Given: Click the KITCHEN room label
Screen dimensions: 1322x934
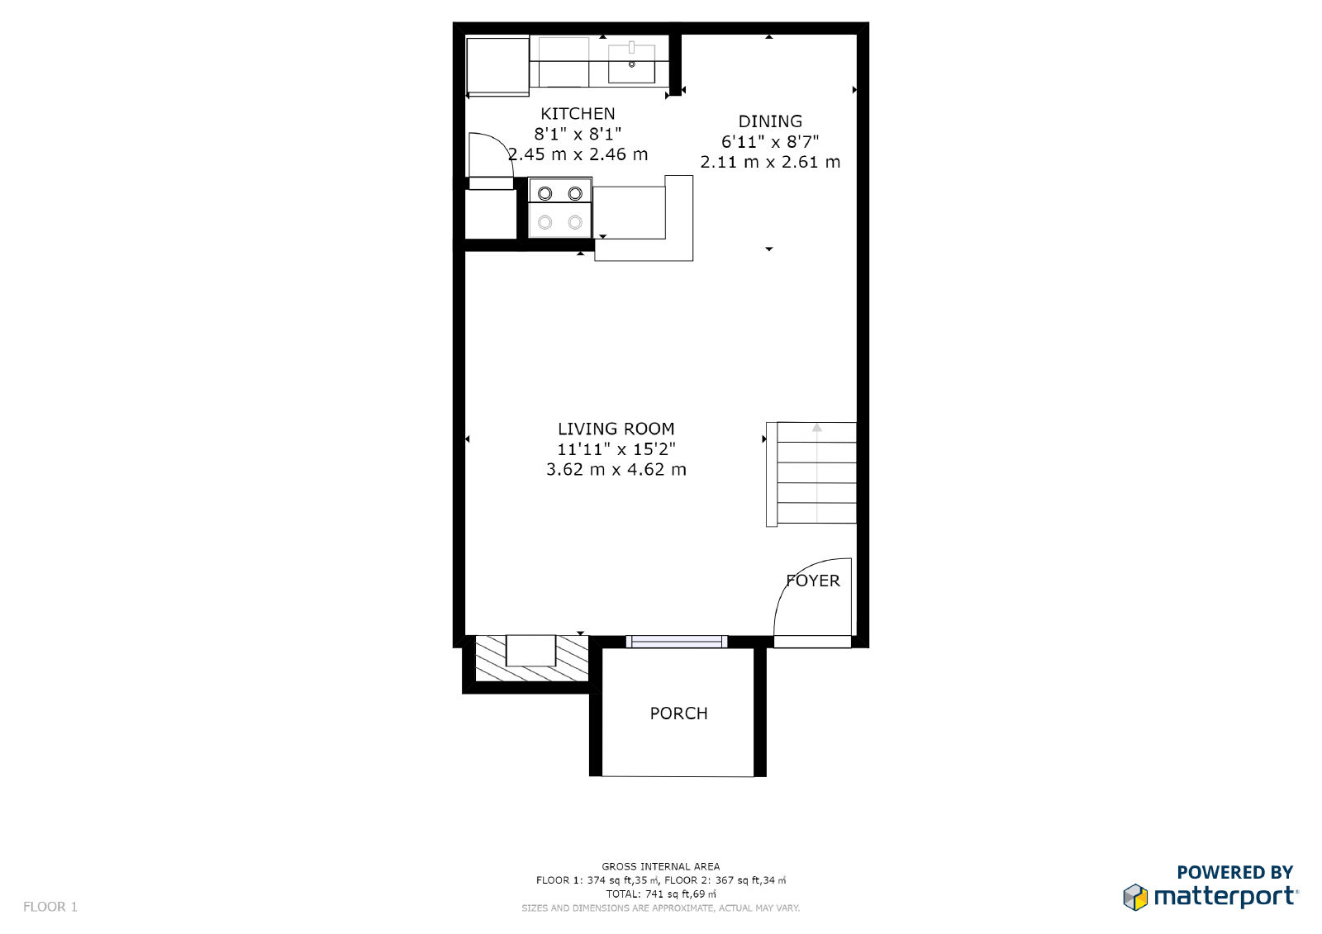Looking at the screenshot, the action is pyautogui.click(x=578, y=113).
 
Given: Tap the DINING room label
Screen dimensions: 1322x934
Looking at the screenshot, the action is pyautogui.click(x=770, y=121).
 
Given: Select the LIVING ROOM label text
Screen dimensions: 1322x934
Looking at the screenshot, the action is pyautogui.click(x=616, y=429).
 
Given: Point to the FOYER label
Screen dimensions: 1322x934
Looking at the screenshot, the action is pyautogui.click(x=813, y=581).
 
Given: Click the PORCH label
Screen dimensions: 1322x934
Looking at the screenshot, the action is pyautogui.click(x=678, y=714).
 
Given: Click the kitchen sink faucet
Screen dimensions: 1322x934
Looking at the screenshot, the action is pyautogui.click(x=631, y=47).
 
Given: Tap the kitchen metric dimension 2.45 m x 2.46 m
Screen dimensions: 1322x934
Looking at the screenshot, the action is pyautogui.click(x=578, y=154).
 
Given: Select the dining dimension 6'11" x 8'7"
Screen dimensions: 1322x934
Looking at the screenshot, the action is pyautogui.click(x=770, y=141).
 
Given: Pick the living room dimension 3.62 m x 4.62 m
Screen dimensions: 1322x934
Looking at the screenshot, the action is pyautogui.click(x=616, y=470).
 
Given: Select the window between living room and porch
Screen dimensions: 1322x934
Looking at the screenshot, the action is pyautogui.click(x=677, y=642).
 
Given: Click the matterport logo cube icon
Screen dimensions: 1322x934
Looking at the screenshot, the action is pyautogui.click(x=1135, y=898).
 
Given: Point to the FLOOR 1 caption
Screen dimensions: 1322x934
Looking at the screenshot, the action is pyautogui.click(x=50, y=907).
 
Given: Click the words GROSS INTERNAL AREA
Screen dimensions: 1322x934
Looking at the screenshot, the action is pyautogui.click(x=660, y=867).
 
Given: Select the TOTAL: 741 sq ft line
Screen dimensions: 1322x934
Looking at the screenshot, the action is pyautogui.click(x=660, y=894).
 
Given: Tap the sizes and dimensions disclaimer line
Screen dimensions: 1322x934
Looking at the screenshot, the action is pyautogui.click(x=660, y=908).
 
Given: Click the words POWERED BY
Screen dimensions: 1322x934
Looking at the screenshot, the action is pyautogui.click(x=1234, y=872).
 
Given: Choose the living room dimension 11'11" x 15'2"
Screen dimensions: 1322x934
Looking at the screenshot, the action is pyautogui.click(x=616, y=449).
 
